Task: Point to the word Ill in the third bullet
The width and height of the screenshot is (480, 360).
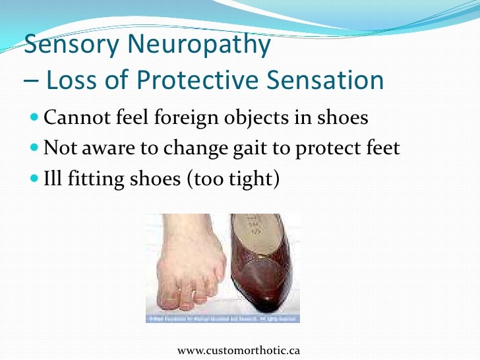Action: pos(51,178)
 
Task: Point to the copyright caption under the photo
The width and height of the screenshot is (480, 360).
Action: pos(222,319)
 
